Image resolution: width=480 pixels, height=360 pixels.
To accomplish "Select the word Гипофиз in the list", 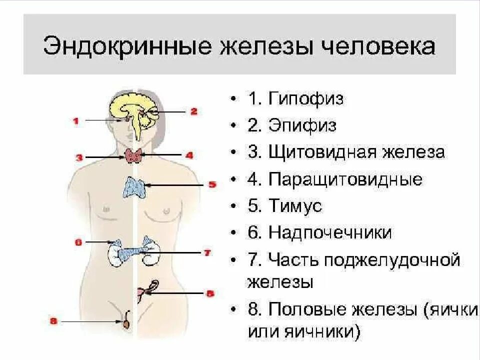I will (306, 98).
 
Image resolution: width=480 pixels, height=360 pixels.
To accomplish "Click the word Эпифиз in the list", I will (302, 125).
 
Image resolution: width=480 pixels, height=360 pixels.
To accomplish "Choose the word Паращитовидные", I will (345, 179).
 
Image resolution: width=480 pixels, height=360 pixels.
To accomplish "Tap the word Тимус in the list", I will (295, 206).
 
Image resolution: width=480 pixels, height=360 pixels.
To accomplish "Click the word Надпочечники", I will (330, 233).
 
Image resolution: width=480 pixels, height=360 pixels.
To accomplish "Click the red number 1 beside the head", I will (75, 120).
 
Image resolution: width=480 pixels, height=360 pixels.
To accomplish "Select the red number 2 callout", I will (194, 111).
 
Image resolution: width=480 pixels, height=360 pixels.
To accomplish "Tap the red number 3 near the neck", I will (79, 157).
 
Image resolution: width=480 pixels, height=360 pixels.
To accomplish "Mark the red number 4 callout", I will (189, 155).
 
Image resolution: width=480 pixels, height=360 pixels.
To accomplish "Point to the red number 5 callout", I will (212, 185).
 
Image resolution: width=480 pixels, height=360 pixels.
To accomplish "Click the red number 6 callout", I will (78, 242).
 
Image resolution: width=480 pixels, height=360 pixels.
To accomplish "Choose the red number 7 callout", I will (207, 253).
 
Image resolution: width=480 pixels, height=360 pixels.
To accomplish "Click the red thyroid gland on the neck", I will (133, 155).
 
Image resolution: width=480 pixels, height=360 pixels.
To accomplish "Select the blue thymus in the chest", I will (133, 186).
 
